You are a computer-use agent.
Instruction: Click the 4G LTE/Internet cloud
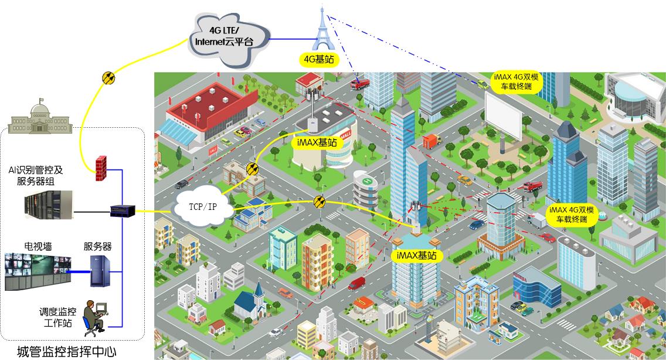(x=228, y=39)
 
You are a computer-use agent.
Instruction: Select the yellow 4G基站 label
(x=319, y=59)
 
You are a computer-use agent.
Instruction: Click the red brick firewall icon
(x=101, y=168)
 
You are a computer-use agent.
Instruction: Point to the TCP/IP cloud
(x=203, y=207)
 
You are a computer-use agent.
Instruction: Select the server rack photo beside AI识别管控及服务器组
(x=49, y=205)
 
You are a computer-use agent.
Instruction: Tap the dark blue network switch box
(x=123, y=210)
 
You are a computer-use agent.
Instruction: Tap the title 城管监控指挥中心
(x=67, y=352)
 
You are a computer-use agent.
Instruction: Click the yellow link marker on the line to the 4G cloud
(x=108, y=78)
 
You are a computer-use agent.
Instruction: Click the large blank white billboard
(x=504, y=116)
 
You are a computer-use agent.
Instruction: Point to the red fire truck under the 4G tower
(x=359, y=84)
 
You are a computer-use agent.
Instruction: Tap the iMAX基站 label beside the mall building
(x=317, y=142)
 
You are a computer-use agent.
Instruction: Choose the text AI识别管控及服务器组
(x=36, y=175)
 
